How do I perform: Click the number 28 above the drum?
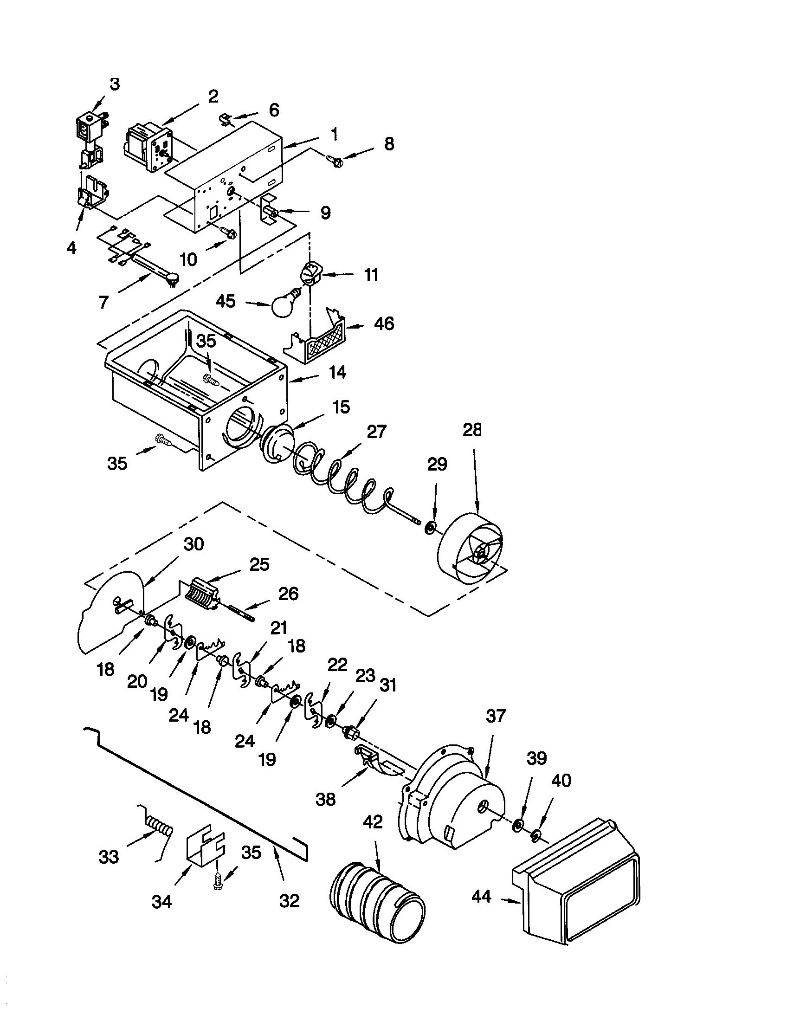471,430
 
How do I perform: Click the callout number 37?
496,716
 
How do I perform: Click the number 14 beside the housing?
337,372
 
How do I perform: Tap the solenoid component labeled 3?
88,128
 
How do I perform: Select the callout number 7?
103,302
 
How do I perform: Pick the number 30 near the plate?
194,544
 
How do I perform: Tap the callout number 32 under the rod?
289,901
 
